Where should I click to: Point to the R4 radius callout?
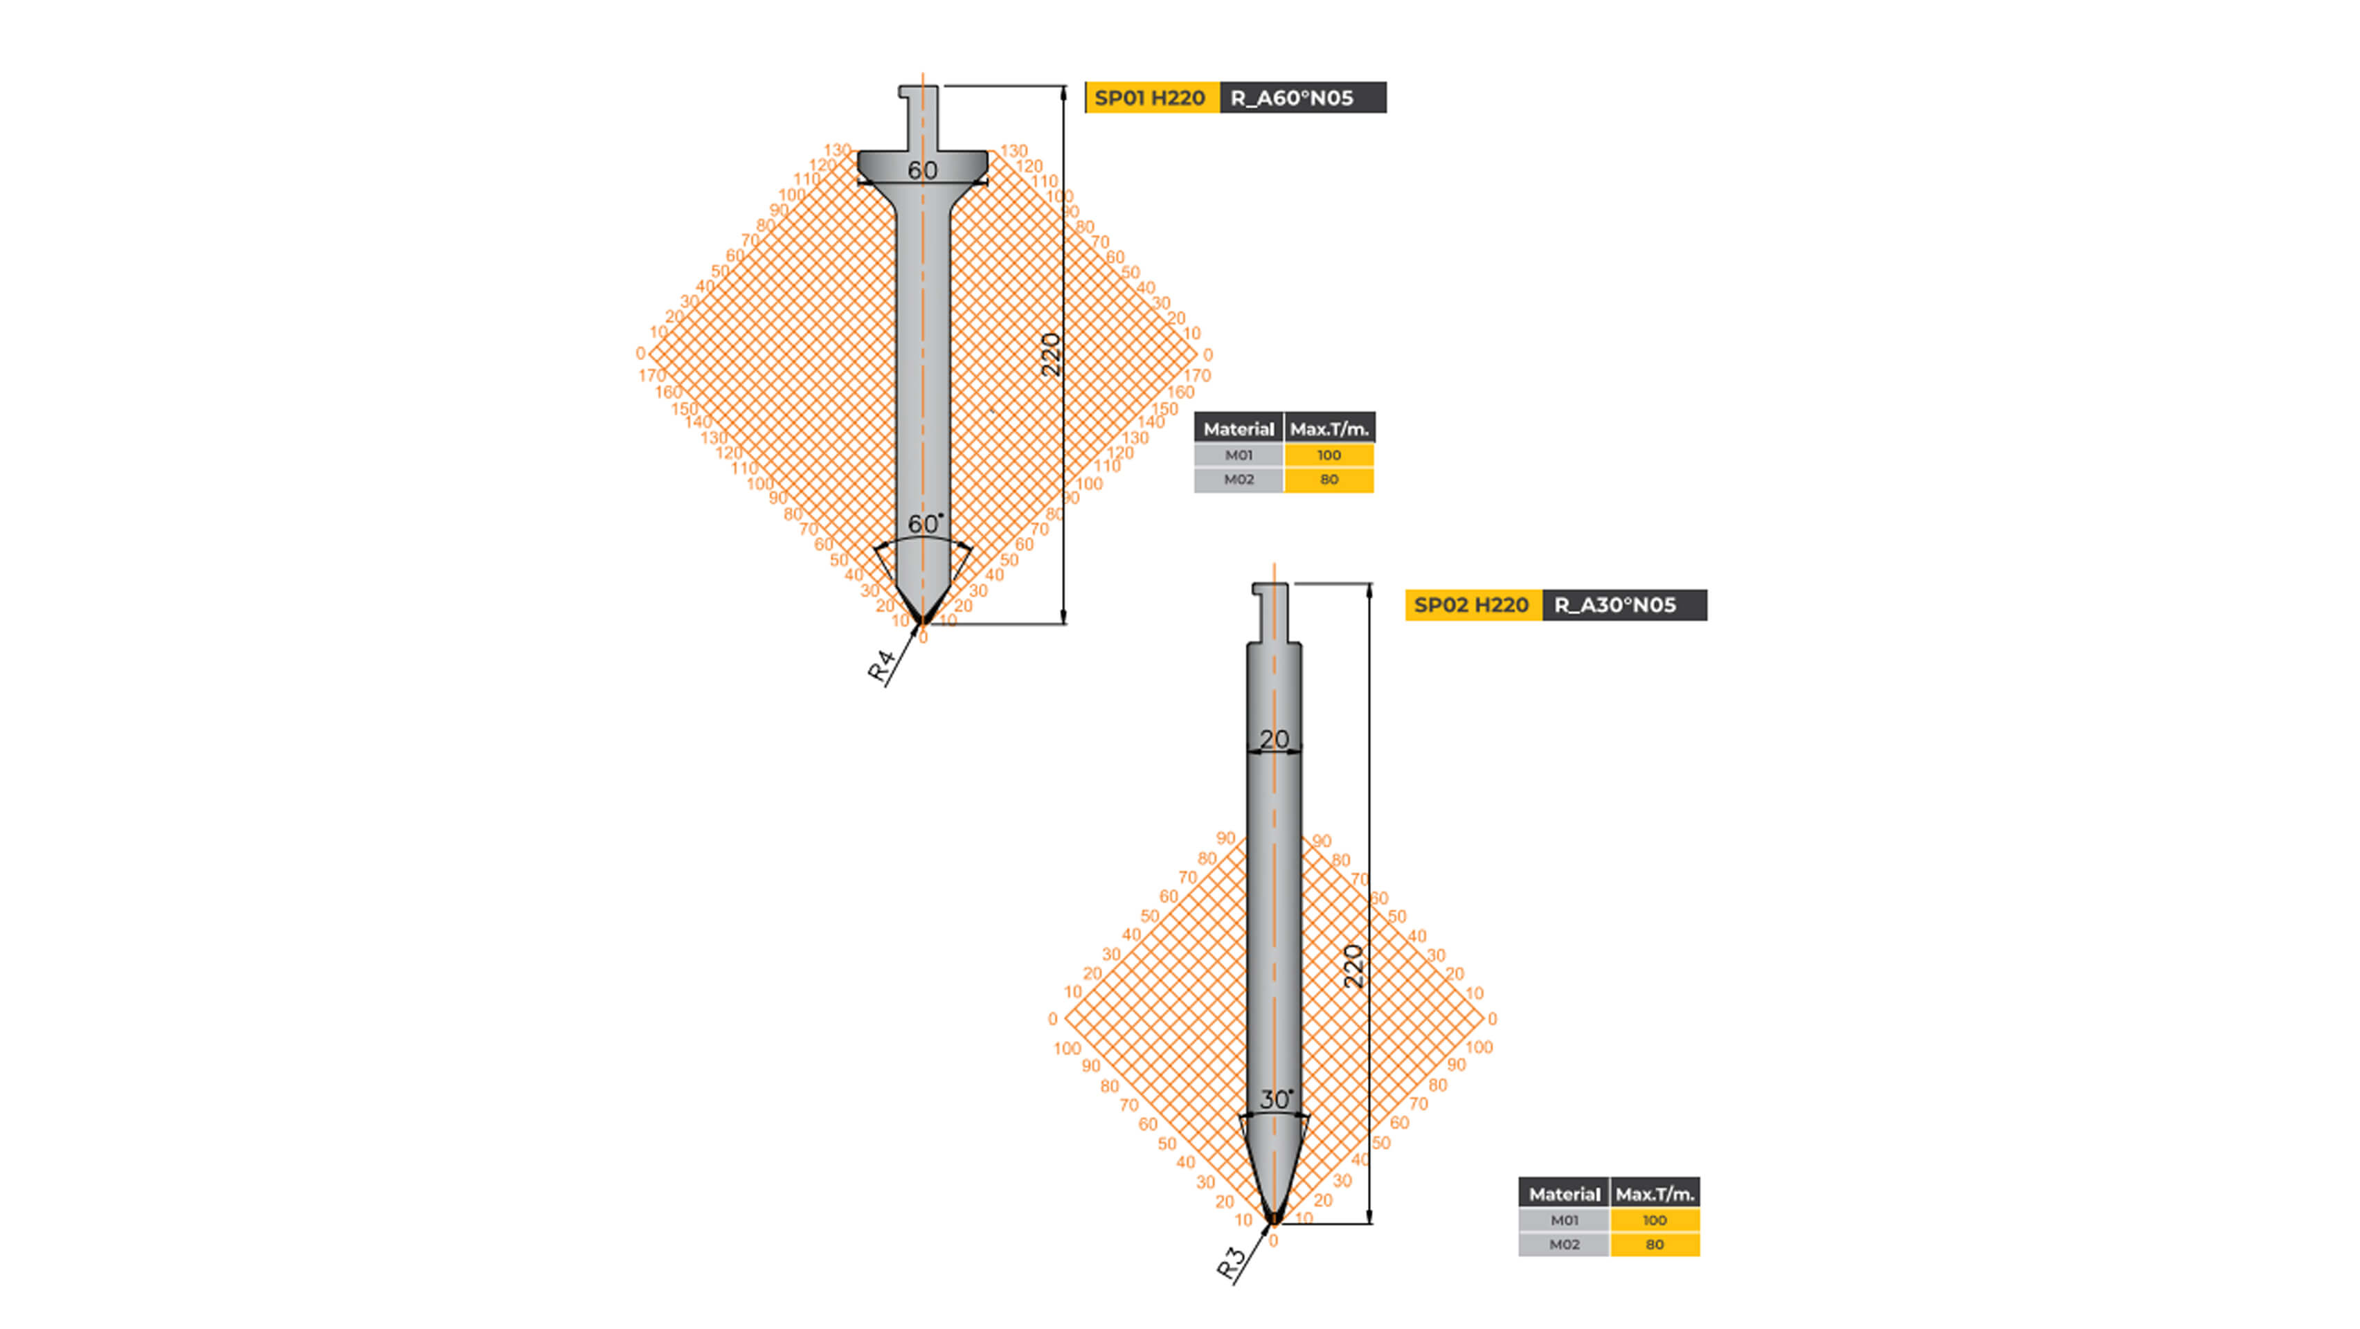pyautogui.click(x=881, y=666)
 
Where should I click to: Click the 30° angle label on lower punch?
pyautogui.click(x=1275, y=1099)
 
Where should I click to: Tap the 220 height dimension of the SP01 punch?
pyautogui.click(x=1051, y=354)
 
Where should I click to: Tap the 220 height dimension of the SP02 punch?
pyautogui.click(x=1354, y=966)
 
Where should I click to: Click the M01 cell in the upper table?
pyautogui.click(x=1238, y=455)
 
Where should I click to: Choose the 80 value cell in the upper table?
pyautogui.click(x=1328, y=480)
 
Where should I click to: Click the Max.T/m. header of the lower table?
pyautogui.click(x=1655, y=1194)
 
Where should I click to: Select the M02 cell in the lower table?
pyautogui.click(x=1564, y=1245)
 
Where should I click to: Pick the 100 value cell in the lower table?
pyautogui.click(x=1655, y=1220)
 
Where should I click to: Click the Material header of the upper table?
pyautogui.click(x=1238, y=428)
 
